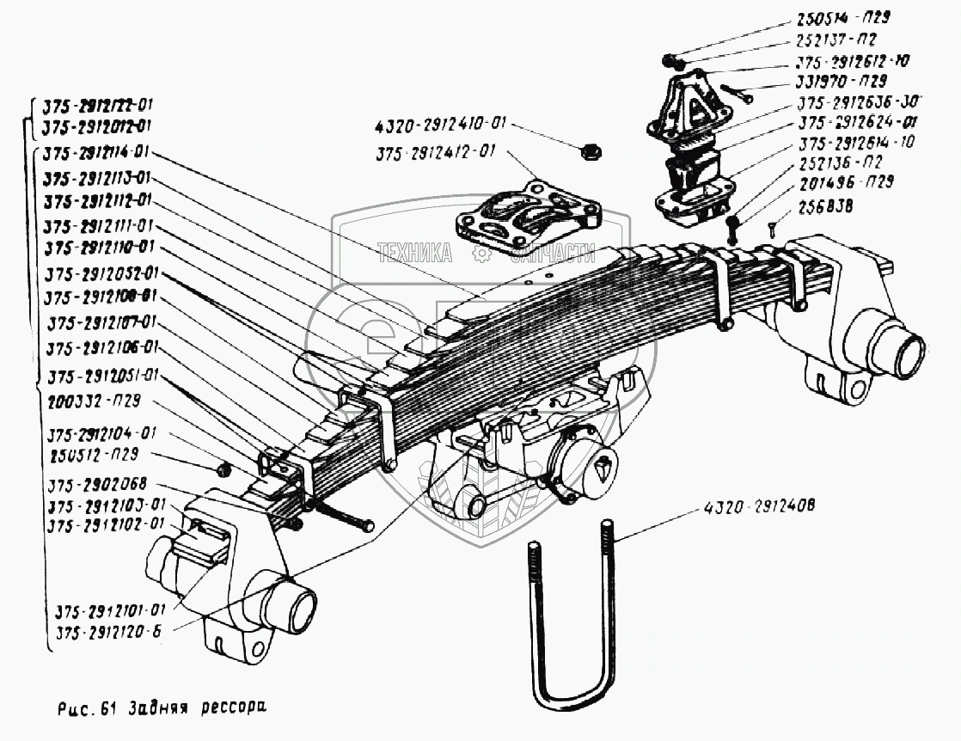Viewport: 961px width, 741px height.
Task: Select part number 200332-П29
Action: pos(95,401)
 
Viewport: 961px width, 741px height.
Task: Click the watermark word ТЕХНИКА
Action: pos(415,253)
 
